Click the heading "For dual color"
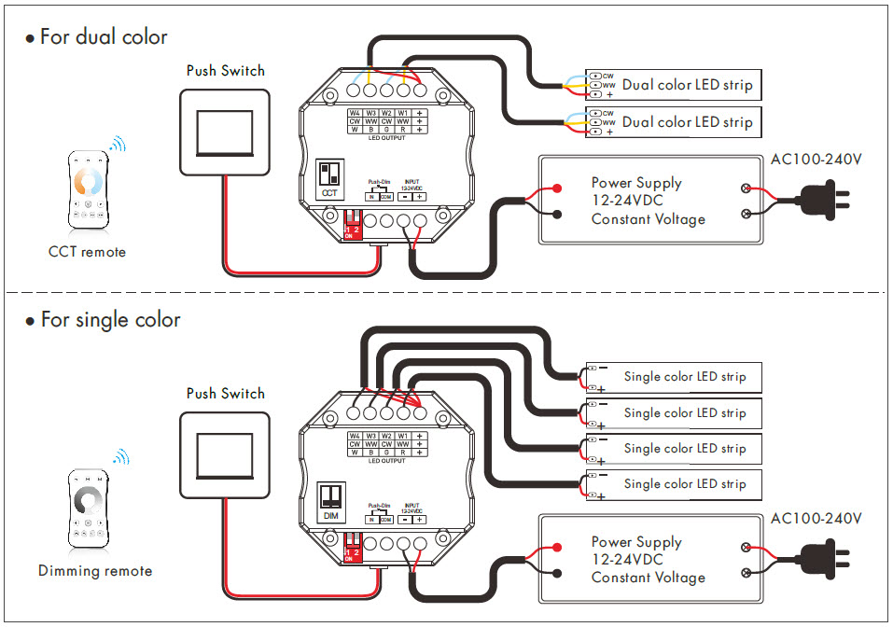click(103, 37)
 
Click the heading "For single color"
click(109, 320)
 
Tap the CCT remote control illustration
click(87, 189)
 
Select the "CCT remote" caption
click(87, 252)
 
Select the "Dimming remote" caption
click(95, 570)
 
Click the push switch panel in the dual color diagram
click(224, 132)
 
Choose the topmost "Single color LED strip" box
click(673, 377)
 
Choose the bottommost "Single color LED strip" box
click(673, 484)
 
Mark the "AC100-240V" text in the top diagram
click(816, 160)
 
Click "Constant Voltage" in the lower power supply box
click(648, 578)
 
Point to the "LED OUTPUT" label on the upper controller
click(385, 138)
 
